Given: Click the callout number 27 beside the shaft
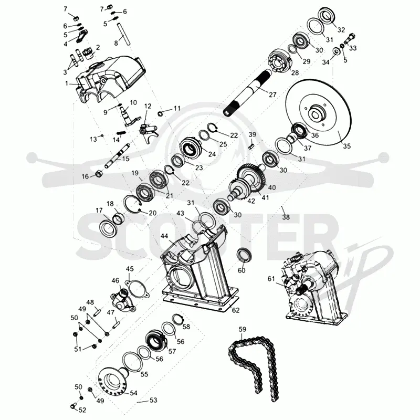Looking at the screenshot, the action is tap(272, 94).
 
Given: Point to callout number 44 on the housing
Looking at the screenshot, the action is tap(164, 236).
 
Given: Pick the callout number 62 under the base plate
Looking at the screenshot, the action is tap(236, 310).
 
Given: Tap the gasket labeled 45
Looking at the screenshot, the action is tap(136, 289).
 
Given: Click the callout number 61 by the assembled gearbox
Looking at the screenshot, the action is tap(271, 279).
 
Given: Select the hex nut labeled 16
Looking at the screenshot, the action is tap(99, 174).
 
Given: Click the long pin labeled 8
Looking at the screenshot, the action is tap(124, 34).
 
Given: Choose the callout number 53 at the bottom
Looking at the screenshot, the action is tap(153, 400).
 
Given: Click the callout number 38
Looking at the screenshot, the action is tap(286, 217).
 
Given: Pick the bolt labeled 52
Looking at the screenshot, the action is tap(73, 406).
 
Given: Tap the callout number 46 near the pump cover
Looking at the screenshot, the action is tap(115, 281).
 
